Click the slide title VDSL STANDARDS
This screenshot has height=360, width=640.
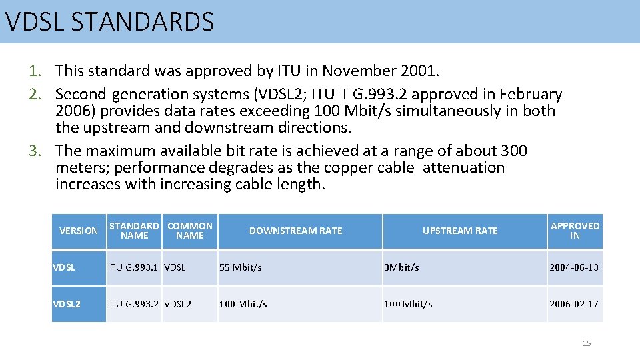pos(110,22)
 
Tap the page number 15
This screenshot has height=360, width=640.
pos(587,343)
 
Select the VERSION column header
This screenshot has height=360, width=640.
pos(79,231)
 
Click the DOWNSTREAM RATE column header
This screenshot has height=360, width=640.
pos(295,231)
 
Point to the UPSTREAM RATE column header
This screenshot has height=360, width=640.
pos(460,231)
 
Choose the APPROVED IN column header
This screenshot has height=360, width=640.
pos(575,231)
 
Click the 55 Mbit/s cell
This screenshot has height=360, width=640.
pos(241,267)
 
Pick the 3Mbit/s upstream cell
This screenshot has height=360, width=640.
pos(401,267)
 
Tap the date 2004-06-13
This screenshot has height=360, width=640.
pos(573,267)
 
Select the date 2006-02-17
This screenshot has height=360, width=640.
pos(573,304)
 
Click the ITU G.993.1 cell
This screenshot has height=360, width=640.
pos(133,267)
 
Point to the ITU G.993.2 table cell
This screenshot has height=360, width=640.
pos(133,304)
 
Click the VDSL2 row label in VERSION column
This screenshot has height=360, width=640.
pos(67,304)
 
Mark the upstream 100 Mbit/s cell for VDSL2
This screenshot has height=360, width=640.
pos(407,304)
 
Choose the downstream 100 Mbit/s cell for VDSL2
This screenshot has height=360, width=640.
pos(243,304)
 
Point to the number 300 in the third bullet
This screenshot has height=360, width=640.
pos(513,151)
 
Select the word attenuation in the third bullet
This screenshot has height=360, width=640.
pos(464,167)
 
